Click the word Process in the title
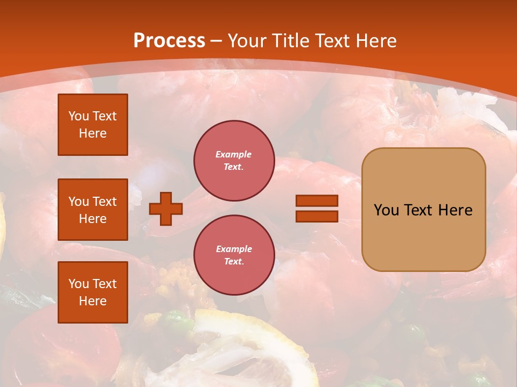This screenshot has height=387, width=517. coord(169,40)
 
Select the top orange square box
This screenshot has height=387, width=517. coord(93,125)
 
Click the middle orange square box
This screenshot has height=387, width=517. coord(93,210)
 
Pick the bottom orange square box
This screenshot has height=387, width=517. coord(93,292)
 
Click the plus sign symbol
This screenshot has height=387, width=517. coord(166,209)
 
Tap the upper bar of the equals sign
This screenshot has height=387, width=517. coord(317,201)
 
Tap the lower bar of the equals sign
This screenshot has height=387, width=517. coord(317,217)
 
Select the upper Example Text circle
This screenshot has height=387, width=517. coord(234,161)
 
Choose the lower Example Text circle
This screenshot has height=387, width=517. coord(234,255)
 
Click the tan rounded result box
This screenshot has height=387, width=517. coord(423,210)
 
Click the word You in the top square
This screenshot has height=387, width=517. coord(79,116)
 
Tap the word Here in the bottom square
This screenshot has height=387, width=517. coord(93,301)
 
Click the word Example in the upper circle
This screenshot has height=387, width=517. coord(234,155)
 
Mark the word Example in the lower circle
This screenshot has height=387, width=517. coord(234,249)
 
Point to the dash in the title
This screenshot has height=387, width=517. coord(216,41)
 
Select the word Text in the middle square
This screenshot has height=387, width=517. coord(104,202)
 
